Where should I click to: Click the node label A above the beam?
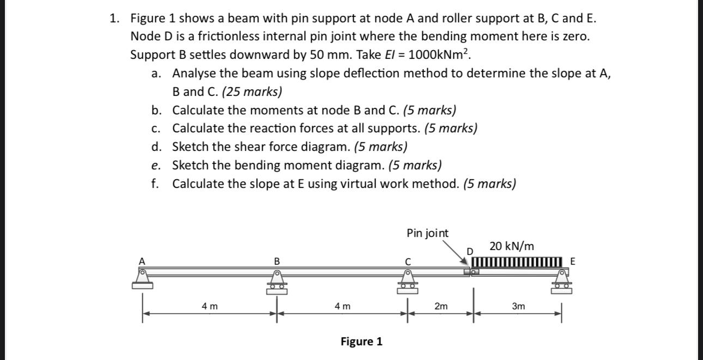coord(143,261)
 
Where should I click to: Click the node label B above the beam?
coord(276,261)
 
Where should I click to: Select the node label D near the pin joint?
coord(470,251)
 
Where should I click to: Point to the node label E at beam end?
coord(572,261)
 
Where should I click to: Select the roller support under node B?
coord(276,282)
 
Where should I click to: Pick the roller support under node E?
coord(561,282)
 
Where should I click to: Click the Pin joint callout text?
coord(428,233)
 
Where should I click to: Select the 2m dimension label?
coord(441,307)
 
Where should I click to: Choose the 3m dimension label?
coord(518,307)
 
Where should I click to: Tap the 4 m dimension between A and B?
coord(209,307)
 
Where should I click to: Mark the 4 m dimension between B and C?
coord(342,307)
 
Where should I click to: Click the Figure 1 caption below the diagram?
coord(361,341)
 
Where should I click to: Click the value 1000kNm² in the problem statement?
coord(439,55)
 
